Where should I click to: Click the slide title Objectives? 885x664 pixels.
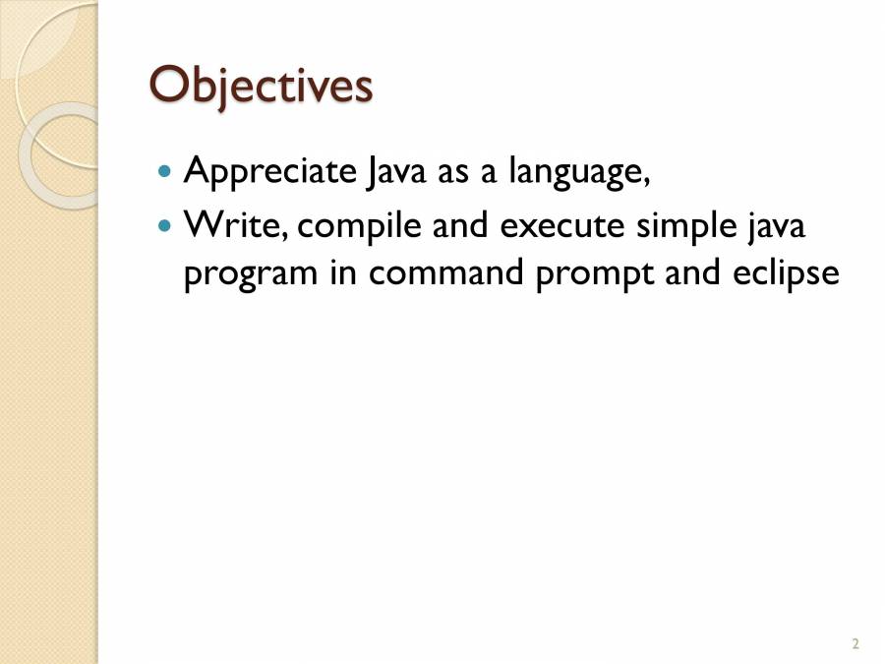pos(261,86)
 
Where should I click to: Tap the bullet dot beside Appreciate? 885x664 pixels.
pos(164,171)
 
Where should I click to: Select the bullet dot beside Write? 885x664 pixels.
pos(164,226)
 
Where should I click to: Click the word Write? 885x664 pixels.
pos(236,226)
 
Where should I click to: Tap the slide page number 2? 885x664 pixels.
pos(855,644)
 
